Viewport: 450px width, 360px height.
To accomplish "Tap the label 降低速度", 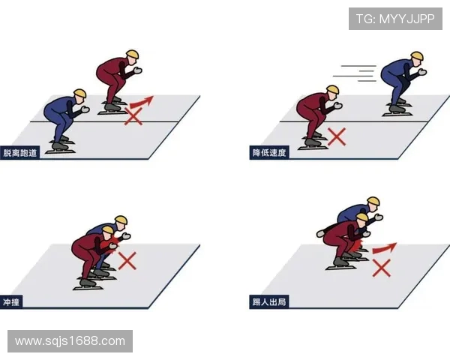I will coord(268,153).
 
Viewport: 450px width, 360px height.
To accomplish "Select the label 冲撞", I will coord(12,303).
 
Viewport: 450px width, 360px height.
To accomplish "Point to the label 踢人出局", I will coord(268,303).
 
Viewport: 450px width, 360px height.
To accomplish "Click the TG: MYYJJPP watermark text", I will coord(395,19).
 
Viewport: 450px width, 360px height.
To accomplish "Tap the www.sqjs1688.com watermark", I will coord(70,341).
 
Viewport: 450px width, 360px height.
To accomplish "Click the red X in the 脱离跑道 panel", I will coord(134,115).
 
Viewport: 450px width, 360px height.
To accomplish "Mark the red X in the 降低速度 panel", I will coord(337,136).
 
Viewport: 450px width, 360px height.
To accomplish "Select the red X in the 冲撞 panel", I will coord(127,260).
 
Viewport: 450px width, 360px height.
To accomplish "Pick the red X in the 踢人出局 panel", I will coord(381,268).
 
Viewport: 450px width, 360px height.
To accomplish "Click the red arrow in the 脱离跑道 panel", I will coord(142,101).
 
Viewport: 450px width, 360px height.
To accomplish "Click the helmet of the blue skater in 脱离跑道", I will coord(80,94).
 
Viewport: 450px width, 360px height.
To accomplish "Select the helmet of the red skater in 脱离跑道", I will coord(132,55).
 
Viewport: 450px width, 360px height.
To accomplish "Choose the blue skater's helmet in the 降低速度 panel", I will coord(416,57).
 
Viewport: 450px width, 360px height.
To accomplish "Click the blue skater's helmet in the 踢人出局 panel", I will coord(373,202).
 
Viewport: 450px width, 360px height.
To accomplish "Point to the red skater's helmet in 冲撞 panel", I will coord(109,230).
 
